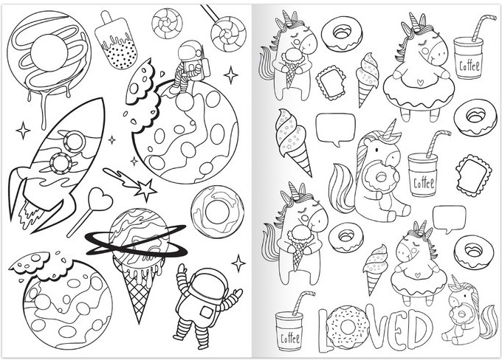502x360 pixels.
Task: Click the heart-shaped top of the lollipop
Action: coord(100,198)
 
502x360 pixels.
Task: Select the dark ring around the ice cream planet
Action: coord(136,240)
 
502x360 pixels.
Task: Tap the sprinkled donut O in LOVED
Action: coord(347,327)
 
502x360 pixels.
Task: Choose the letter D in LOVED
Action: coord(418,328)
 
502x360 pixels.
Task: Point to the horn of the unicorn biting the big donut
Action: coord(393,129)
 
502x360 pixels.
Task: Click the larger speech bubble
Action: coord(335,128)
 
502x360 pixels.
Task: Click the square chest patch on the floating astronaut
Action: coord(206,312)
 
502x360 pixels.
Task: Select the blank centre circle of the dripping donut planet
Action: coord(49,52)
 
